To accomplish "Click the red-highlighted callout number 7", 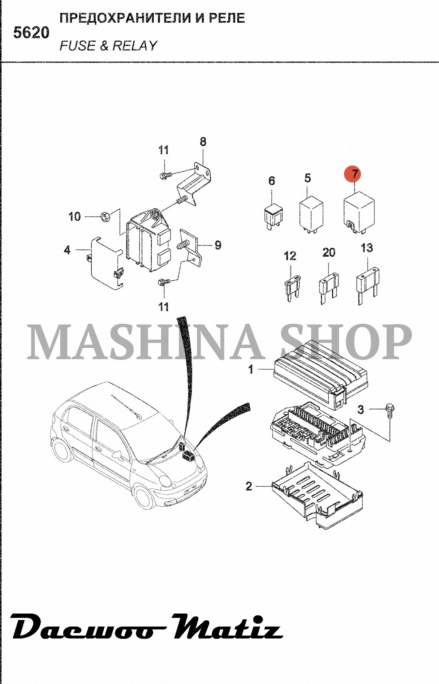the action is pos(355,174).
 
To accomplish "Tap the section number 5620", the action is pos(31,33).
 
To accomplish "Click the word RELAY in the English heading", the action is pos(135,46).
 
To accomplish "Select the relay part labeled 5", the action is pos(311,215).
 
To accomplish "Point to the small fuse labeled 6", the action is pos(274,217).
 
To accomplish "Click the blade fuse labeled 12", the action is pos(293,288).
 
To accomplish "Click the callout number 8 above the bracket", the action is pos(203,142).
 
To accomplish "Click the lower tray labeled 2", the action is pos(317,495).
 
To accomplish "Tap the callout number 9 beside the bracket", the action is pos(218,245).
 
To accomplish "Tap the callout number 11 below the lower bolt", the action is pos(163,307).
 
